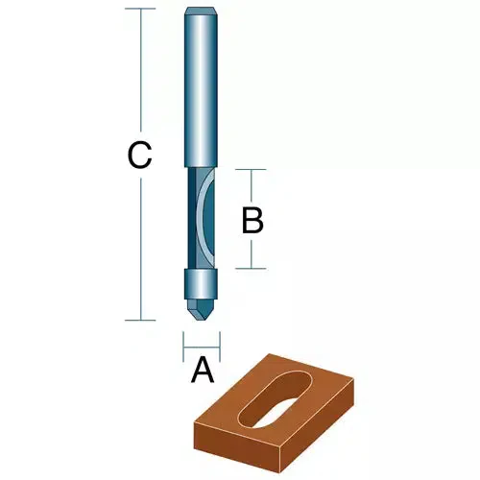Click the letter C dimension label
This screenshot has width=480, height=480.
(x=140, y=155)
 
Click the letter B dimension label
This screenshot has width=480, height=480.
(x=252, y=220)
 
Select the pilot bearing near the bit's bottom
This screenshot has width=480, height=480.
(x=200, y=284)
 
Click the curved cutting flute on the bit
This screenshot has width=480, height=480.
(x=202, y=219)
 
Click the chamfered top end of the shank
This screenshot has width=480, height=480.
(x=200, y=12)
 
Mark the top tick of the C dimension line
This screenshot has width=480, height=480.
(x=140, y=10)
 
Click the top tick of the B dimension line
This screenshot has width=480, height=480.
(x=252, y=171)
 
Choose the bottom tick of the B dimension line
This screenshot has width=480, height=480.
(x=252, y=268)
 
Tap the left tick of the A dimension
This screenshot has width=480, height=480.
(x=182, y=340)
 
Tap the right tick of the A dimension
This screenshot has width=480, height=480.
(x=220, y=340)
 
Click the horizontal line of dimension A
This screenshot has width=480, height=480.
(x=202, y=340)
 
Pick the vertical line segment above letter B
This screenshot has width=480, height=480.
(x=252, y=187)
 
